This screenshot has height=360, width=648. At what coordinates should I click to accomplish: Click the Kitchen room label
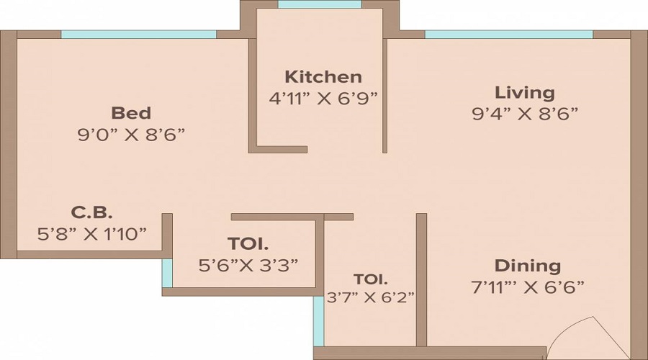tap(323, 76)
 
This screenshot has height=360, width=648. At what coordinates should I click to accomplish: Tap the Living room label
tap(524, 92)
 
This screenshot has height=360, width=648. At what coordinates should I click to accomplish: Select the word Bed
tap(131, 113)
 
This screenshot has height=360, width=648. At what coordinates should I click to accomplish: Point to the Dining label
tap(528, 265)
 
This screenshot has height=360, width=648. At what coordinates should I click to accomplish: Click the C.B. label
tap(91, 212)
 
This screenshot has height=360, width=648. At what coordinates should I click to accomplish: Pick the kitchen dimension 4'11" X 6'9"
tap(323, 98)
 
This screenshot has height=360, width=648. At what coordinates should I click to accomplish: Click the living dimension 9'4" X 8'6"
tap(525, 113)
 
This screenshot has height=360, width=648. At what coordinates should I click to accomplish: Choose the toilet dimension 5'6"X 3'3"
tap(248, 264)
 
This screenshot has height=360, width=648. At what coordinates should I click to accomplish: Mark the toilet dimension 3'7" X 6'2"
tap(371, 296)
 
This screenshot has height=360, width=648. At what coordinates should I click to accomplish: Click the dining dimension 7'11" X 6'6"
tap(528, 286)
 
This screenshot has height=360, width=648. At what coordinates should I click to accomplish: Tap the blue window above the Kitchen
tap(319, 4)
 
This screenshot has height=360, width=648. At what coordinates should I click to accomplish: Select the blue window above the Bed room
tap(138, 34)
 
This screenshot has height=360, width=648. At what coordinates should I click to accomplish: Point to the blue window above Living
tap(508, 34)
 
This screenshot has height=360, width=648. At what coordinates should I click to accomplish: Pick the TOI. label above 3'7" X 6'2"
tap(370, 279)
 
